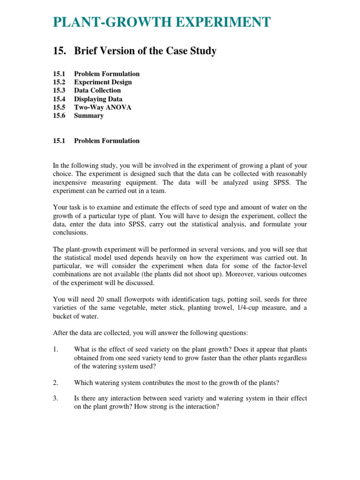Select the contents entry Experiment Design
(x=103, y=82)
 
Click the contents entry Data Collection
(x=97, y=90)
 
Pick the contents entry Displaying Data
(x=98, y=99)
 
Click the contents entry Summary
(x=89, y=116)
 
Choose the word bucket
(x=62, y=316)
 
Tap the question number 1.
(x=55, y=349)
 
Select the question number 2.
(x=55, y=382)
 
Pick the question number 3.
(x=55, y=398)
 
